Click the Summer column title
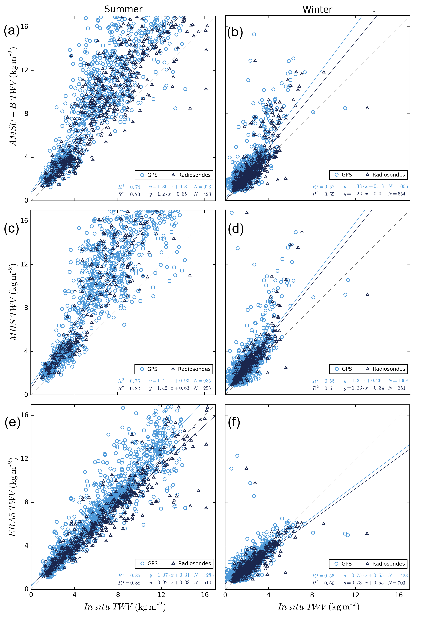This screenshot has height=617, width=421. click(x=123, y=9)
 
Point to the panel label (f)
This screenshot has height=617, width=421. click(x=234, y=422)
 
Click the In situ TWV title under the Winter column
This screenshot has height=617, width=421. click(x=318, y=607)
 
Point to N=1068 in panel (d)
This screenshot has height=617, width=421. click(x=398, y=381)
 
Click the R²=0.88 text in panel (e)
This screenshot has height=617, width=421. click(x=129, y=583)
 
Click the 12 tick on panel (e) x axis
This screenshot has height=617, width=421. click(x=161, y=595)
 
